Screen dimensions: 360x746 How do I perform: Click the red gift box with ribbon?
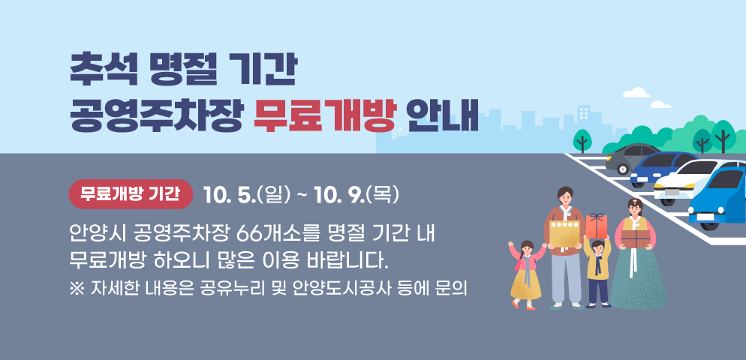pyautogui.click(x=597, y=225)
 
